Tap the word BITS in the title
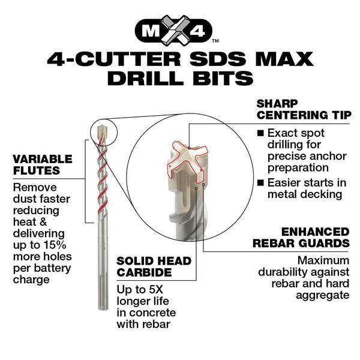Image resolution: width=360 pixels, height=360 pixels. pos(216,79)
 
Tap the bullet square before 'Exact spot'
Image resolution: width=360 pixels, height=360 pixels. pos(260,133)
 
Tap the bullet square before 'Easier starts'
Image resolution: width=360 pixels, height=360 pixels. pos(260,182)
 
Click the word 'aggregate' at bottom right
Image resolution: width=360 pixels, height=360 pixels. pos(321,295)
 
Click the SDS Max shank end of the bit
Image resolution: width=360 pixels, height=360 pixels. pos(103,294)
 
